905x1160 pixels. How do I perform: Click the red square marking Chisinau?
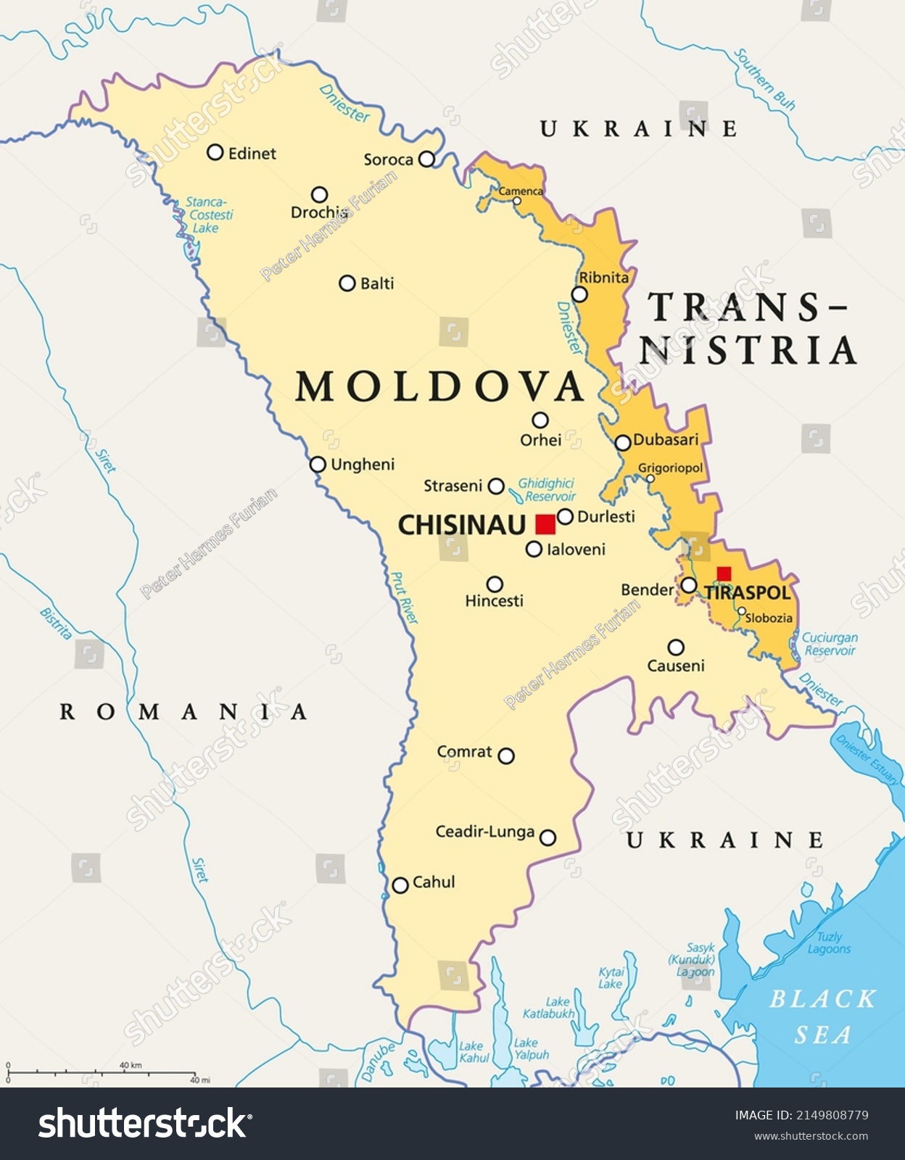pos(545,524)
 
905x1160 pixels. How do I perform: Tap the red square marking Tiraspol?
pos(724,574)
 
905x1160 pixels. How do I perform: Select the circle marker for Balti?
pos(347,283)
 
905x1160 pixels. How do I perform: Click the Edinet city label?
pos(252,153)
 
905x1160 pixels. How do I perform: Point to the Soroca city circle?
pos(426,159)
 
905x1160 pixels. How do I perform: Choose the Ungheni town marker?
pos(318,464)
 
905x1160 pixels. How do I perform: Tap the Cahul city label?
pos(434,882)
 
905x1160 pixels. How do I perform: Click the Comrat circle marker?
pos(506,756)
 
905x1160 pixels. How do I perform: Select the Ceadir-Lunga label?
pos(484,832)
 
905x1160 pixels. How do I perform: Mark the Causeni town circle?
pos(676,647)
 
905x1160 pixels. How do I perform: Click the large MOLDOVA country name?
pos(439,386)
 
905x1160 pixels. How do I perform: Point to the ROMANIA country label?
pos(183,712)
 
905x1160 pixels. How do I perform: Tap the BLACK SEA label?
pos(822,1016)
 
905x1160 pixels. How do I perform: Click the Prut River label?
pos(405,598)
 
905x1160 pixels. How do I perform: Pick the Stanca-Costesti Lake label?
pos(209,215)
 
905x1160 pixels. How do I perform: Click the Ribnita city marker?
pos(579,294)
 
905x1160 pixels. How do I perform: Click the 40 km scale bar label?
pos(131,1065)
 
